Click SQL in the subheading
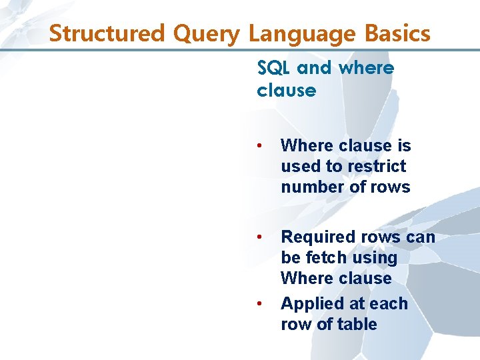pyautogui.click(x=274, y=68)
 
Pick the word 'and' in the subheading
pyautogui.click(x=315, y=68)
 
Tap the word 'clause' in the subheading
pyautogui.click(x=286, y=91)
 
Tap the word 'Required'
pyautogui.click(x=318, y=237)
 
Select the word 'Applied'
pyautogui.click(x=310, y=304)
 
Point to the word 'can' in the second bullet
pyautogui.click(x=419, y=237)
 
